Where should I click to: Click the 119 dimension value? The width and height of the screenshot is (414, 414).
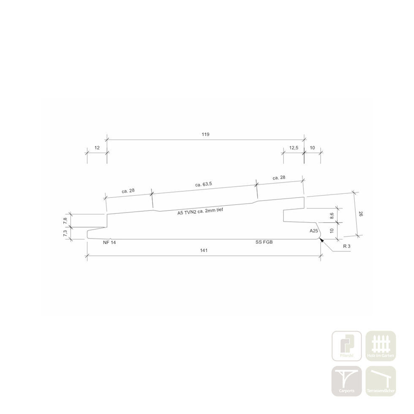pos(205,134)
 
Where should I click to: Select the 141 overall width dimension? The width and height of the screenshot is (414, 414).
pos(204,250)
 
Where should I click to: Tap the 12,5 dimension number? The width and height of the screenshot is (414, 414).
pos(294,148)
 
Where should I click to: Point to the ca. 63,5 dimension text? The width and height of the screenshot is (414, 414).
pos(204,184)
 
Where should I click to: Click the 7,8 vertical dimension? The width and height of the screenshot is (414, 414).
pos(65,221)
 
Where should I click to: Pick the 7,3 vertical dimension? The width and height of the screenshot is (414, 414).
pos(65,233)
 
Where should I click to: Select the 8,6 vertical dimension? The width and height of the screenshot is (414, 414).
pos(332,216)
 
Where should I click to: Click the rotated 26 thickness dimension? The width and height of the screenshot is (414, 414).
pos(361,214)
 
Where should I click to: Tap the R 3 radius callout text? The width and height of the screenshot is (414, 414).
pos(347,246)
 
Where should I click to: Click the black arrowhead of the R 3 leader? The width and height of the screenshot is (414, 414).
pos(321,240)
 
